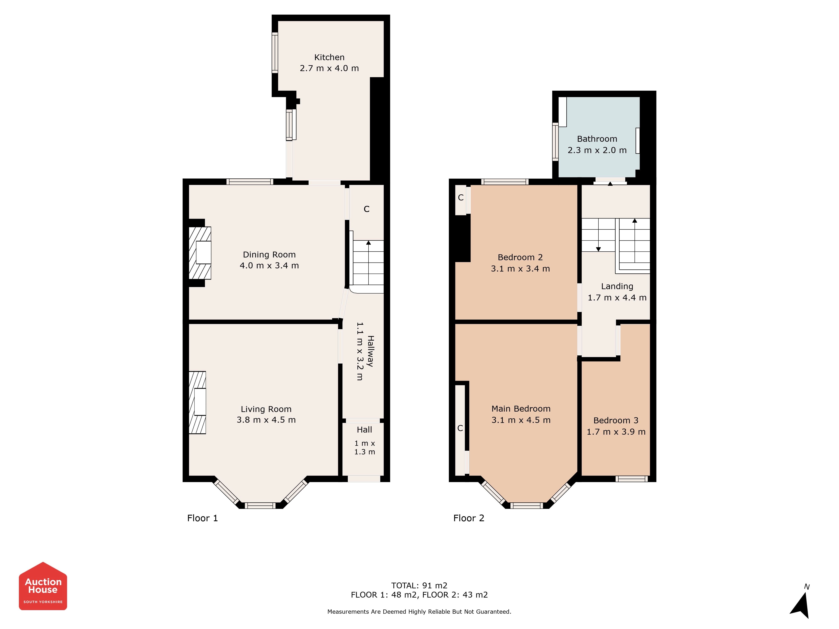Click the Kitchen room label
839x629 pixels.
point(329,57)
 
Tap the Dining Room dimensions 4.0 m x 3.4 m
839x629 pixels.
point(269,265)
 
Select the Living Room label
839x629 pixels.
point(266,409)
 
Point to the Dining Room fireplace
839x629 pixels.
point(200,253)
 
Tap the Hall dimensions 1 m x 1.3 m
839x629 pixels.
point(365,447)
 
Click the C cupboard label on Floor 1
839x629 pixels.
point(366,209)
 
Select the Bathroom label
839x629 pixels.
point(597,139)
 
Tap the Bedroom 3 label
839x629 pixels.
point(616,420)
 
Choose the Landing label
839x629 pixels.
point(617,286)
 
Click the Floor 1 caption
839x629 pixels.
point(203,518)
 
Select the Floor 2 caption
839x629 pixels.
point(469,518)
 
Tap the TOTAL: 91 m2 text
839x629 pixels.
point(419,585)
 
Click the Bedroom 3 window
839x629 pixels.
point(632,479)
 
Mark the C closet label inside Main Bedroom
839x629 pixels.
point(460,428)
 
